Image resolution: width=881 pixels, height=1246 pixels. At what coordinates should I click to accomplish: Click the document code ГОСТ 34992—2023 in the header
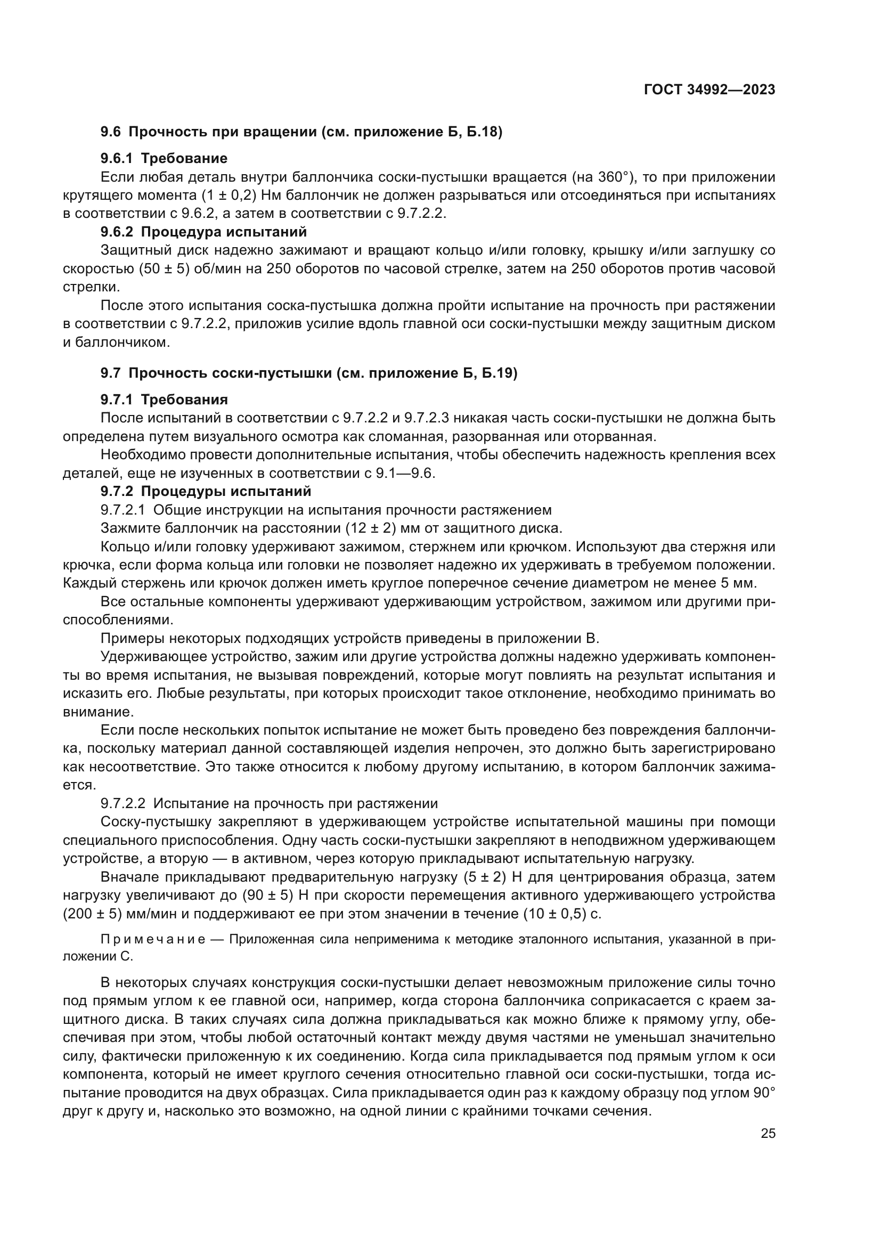[709, 90]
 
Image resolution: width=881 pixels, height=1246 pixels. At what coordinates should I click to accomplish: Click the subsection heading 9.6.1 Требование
[164, 158]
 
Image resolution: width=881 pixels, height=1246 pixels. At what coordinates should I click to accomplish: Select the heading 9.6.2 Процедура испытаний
[203, 232]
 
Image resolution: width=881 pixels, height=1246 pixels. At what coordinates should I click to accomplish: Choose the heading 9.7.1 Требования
[164, 400]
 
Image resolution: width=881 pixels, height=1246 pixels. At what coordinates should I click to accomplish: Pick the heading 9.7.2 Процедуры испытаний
[206, 492]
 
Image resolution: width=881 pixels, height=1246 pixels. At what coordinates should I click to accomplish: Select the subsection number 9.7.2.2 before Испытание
[123, 803]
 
